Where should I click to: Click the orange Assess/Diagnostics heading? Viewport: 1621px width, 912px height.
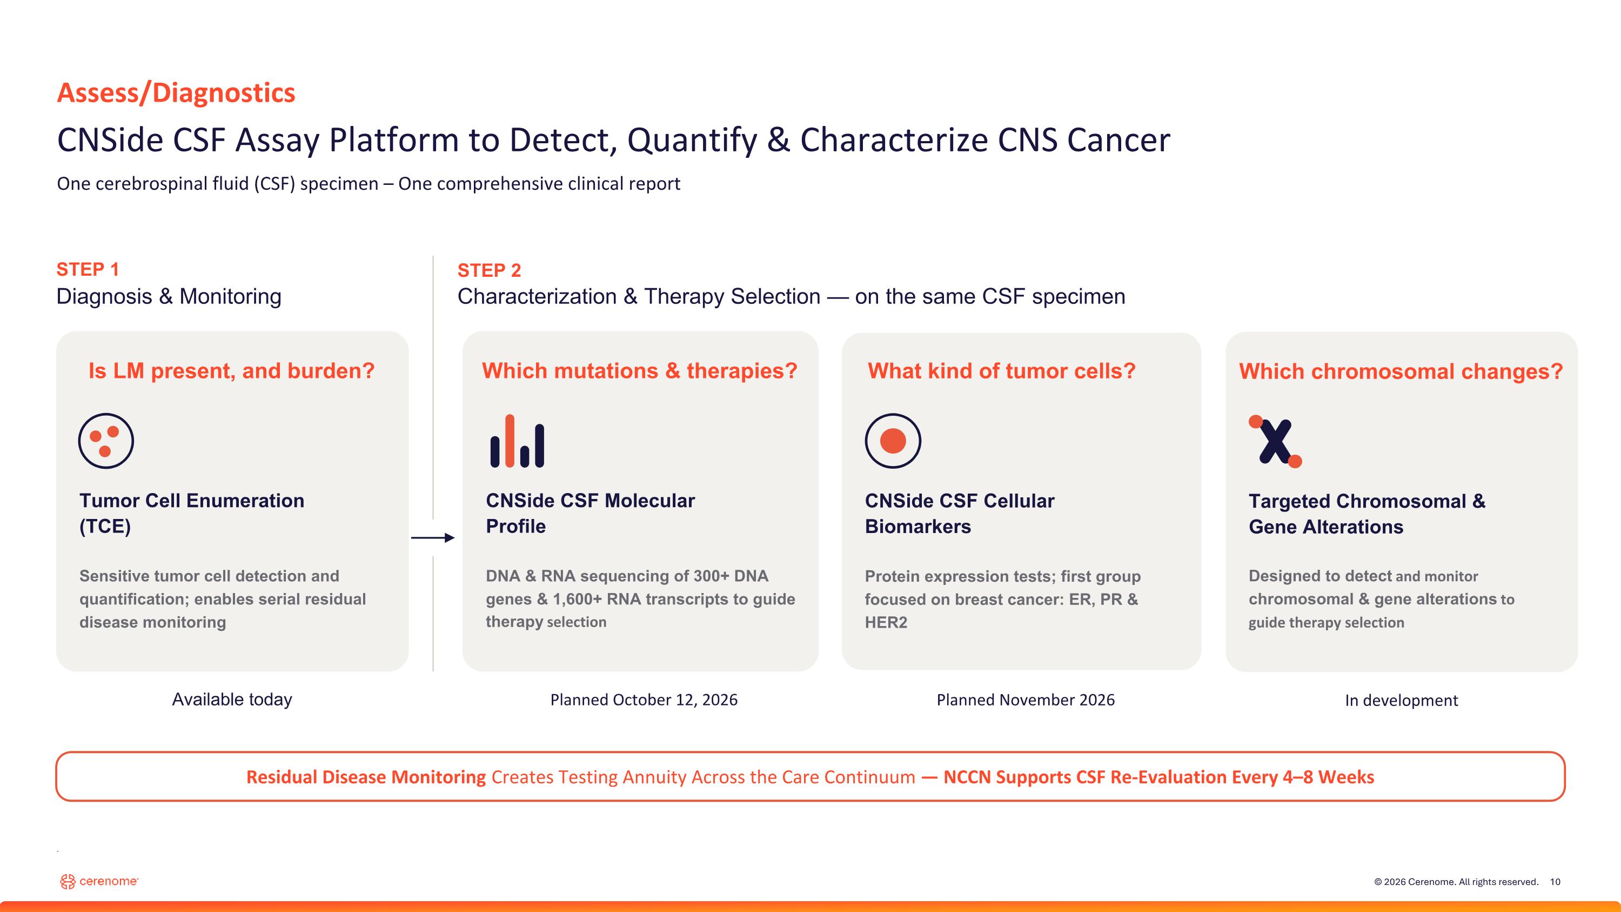176,93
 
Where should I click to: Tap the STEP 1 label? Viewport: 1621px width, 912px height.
88,269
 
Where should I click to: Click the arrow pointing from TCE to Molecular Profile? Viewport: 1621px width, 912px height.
433,537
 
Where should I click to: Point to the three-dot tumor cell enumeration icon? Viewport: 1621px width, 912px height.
106,441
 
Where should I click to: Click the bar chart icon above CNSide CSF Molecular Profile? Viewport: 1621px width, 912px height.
517,441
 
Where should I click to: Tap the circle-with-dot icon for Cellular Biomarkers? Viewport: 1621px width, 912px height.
893,441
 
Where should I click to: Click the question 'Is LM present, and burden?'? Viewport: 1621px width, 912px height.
232,371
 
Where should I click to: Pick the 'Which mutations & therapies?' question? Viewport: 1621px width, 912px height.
640,371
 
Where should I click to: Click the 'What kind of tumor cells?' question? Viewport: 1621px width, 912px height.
1002,371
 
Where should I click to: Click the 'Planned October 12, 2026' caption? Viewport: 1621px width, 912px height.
644,700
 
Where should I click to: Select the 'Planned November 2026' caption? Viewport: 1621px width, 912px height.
1026,700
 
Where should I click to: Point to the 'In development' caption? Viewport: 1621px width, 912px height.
1402,701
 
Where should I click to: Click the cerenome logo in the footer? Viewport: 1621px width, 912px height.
99,881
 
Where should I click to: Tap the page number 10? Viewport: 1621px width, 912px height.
1555,882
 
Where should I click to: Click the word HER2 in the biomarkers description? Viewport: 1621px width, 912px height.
886,622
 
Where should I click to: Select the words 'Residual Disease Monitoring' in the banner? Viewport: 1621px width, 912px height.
366,777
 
